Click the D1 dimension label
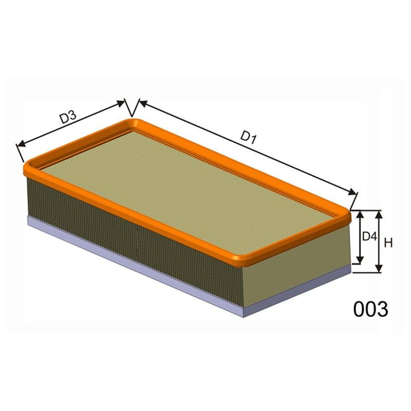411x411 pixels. (248, 137)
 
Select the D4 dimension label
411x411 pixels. (369, 237)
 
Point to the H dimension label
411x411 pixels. (388, 243)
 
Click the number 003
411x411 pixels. (370, 309)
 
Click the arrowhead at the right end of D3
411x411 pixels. (120, 104)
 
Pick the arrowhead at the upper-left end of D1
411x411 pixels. (143, 103)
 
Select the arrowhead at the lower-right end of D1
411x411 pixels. (352, 192)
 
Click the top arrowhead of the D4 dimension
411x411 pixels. (361, 214)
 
